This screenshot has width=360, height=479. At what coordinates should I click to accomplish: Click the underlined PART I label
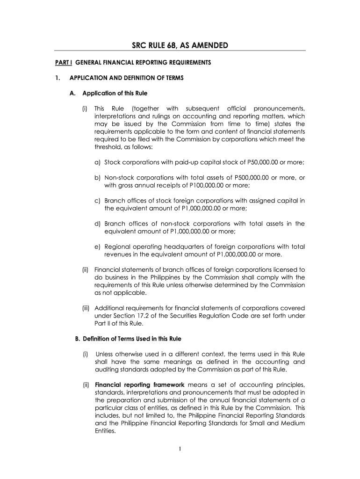(x=62, y=62)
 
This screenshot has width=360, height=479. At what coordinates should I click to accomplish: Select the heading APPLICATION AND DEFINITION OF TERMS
(x=126, y=78)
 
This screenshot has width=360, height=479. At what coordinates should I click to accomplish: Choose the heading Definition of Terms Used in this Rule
(x=129, y=339)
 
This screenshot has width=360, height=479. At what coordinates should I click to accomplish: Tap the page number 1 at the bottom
(x=180, y=450)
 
